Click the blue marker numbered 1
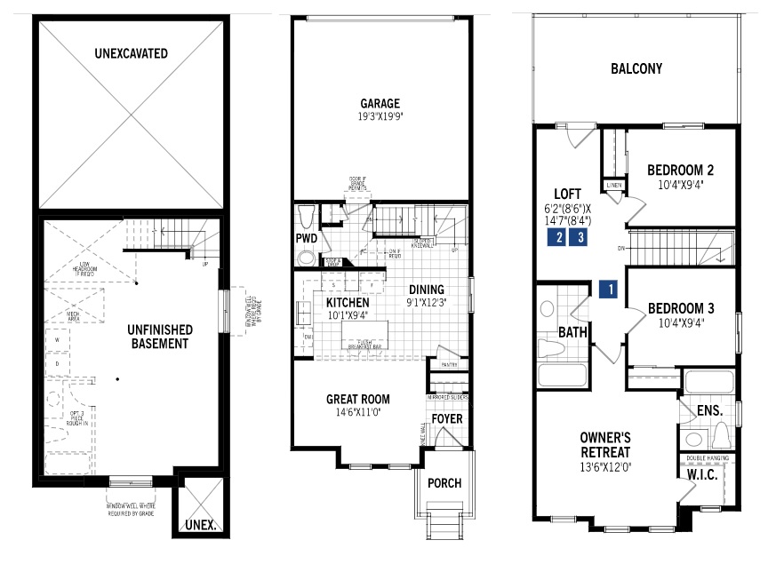coord(609,289)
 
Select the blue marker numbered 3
coord(580,237)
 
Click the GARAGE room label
coord(380,102)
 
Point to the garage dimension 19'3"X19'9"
coord(380,115)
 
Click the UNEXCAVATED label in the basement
coord(131,53)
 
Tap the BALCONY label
coord(636,68)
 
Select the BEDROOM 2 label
coord(680,170)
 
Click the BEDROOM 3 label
coord(681,308)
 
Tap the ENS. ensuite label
coord(709,411)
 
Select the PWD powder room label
coord(307,238)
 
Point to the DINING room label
coord(426,290)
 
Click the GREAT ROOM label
coord(357,399)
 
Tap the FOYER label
coord(446,418)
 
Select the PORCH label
coord(444,483)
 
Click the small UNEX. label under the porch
coord(201,525)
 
